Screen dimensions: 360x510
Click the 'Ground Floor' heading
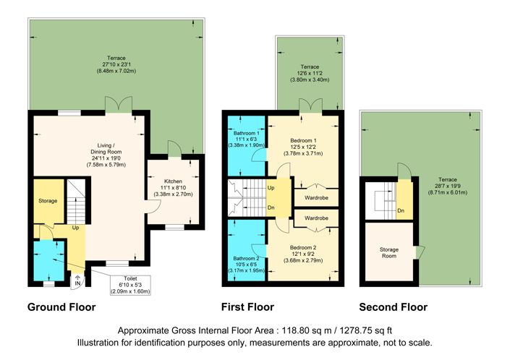61,307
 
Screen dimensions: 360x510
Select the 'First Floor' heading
248,307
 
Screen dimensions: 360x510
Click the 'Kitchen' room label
172,180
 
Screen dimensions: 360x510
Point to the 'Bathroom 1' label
246,134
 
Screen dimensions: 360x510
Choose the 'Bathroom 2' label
246,258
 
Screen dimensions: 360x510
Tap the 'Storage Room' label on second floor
389,254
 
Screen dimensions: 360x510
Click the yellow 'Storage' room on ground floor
48,200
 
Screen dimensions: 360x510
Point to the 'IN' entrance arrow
78,283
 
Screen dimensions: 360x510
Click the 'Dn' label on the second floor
401,212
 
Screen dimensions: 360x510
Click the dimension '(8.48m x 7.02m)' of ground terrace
112,71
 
